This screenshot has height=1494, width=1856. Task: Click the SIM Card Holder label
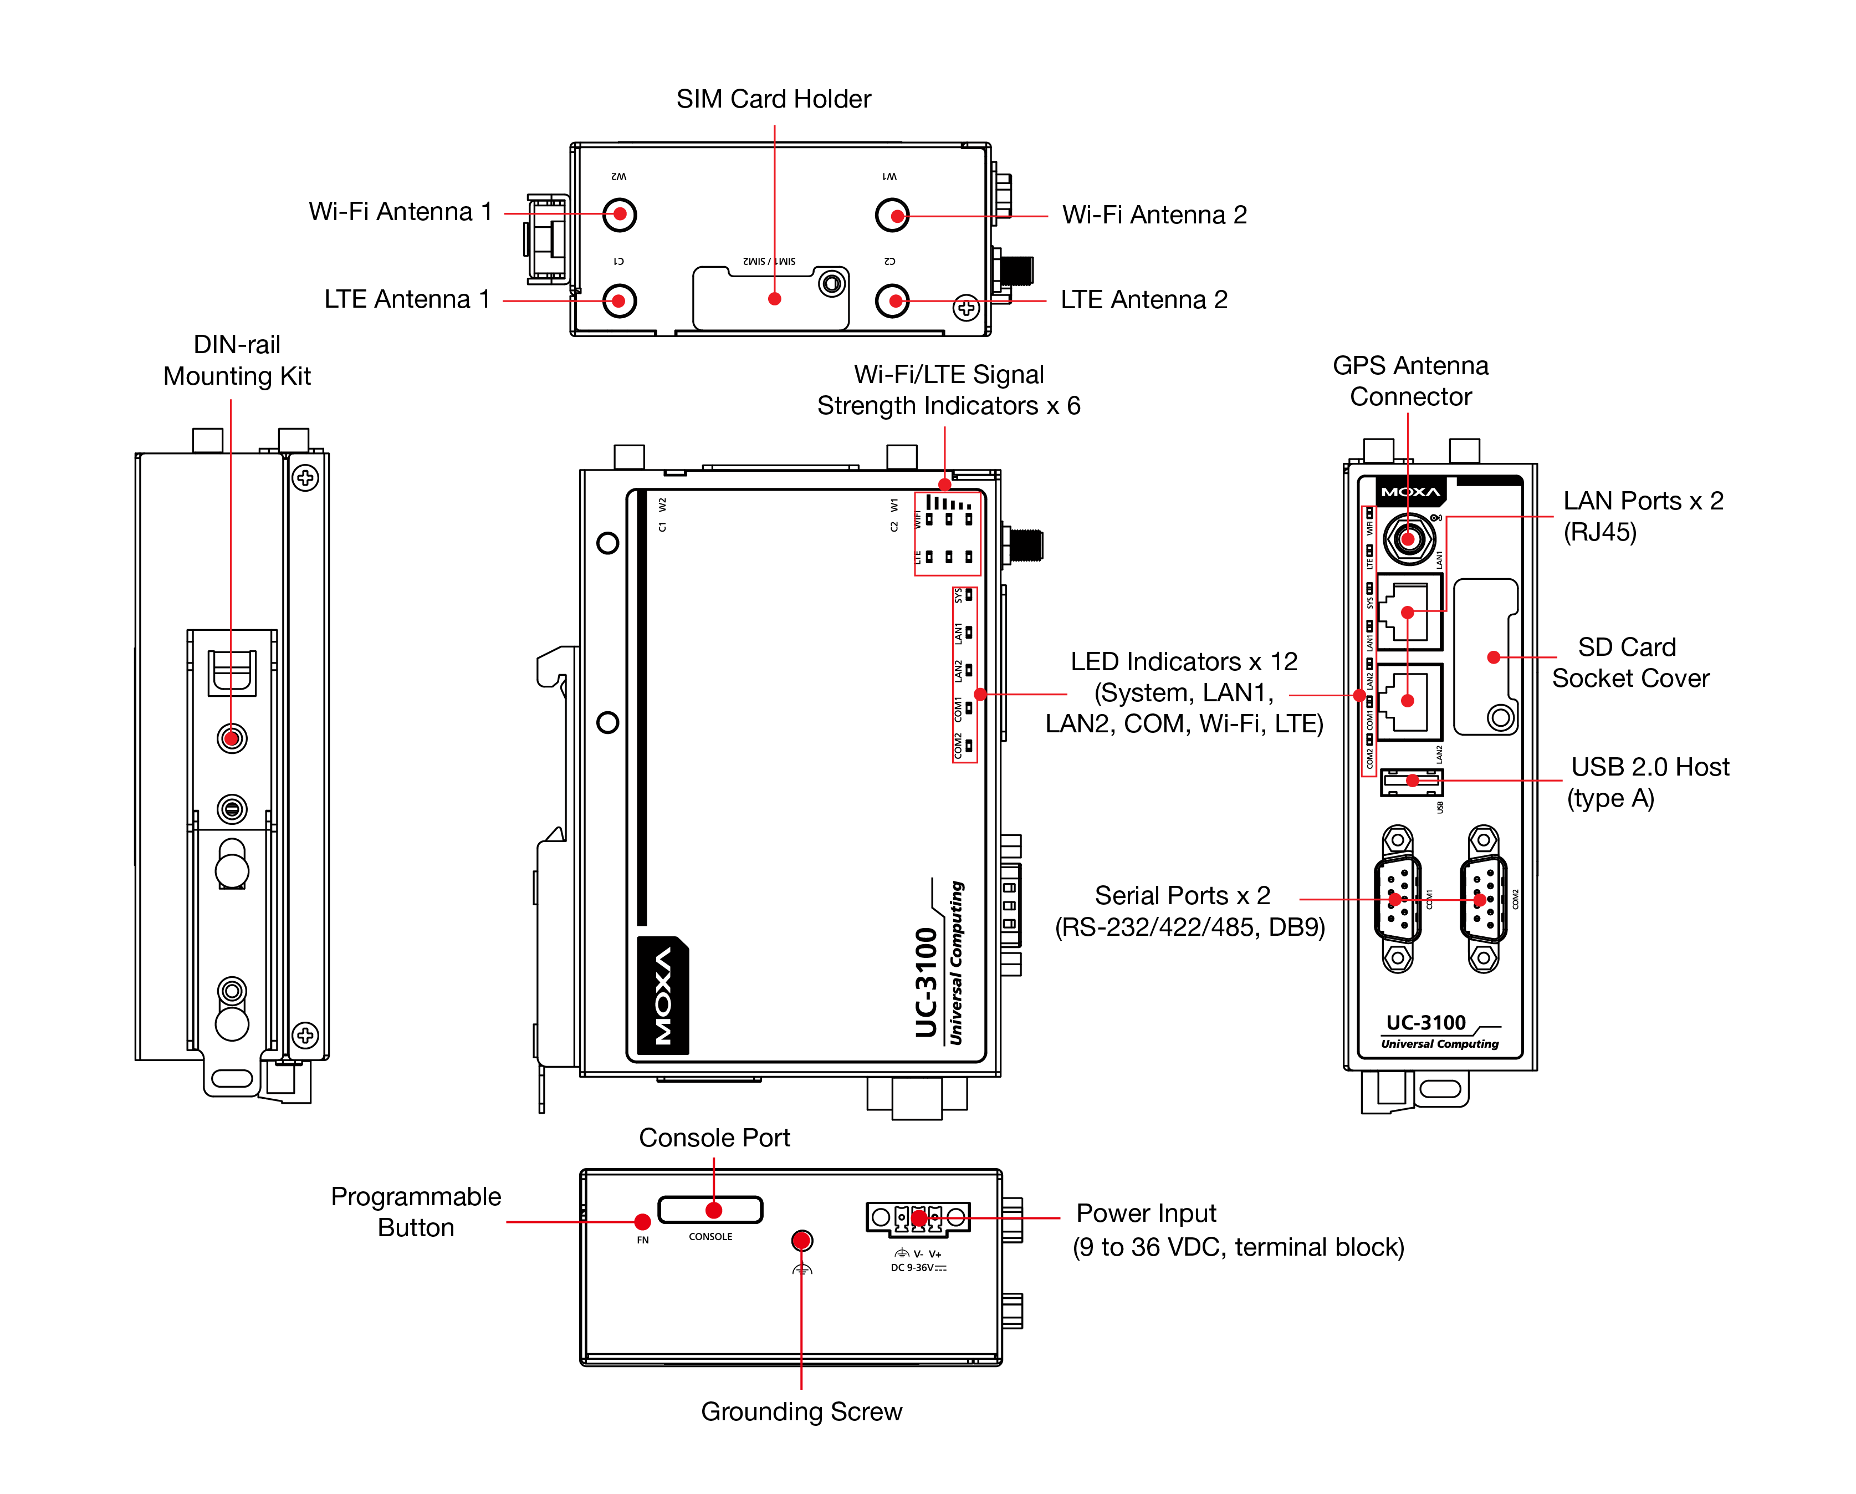pyautogui.click(x=773, y=99)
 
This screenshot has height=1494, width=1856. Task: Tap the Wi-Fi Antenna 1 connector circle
pyautogui.click(x=619, y=215)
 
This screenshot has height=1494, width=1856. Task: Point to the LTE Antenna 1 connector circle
pyautogui.click(x=619, y=300)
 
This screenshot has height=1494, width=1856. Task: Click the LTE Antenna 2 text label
pyautogui.click(x=1143, y=300)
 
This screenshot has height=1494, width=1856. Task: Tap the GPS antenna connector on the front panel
pyautogui.click(x=1408, y=539)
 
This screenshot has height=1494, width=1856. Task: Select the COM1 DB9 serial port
pyautogui.click(x=1397, y=899)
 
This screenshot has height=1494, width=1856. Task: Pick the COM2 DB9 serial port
pyautogui.click(x=1483, y=899)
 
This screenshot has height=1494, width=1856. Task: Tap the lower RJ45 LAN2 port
pyautogui.click(x=1408, y=701)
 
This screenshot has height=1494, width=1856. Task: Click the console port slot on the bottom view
pyautogui.click(x=710, y=1210)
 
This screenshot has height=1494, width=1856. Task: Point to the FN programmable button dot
pyautogui.click(x=642, y=1222)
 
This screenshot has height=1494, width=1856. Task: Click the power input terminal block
pyautogui.click(x=918, y=1217)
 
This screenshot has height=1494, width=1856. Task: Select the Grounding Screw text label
pyautogui.click(x=801, y=1411)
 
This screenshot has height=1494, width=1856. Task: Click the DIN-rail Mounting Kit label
pyautogui.click(x=237, y=360)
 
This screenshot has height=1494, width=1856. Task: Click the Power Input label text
pyautogui.click(x=1146, y=1213)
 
